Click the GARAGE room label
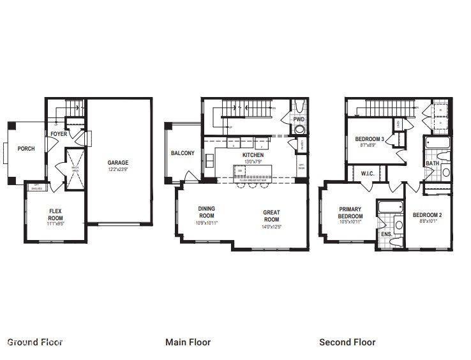point(117,163)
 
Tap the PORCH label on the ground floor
point(26,149)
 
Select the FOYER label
point(59,134)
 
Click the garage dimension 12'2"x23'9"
point(117,169)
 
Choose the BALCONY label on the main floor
point(183,153)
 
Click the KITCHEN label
point(252,155)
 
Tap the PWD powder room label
point(298,119)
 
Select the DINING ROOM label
point(206,212)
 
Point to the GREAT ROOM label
point(272,216)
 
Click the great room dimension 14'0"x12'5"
point(272,227)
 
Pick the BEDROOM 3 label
point(369,139)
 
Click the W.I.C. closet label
point(367,173)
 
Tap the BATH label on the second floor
point(432,164)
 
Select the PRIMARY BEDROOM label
point(350,213)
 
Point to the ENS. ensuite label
point(386,234)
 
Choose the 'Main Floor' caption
point(188,342)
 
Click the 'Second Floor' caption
point(347,342)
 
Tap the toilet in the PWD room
point(299,130)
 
